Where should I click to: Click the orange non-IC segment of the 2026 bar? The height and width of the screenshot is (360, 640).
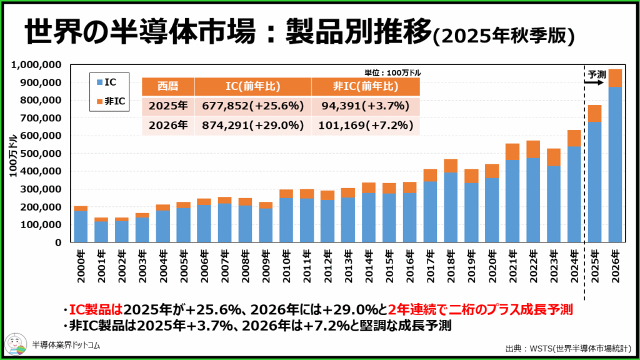615,78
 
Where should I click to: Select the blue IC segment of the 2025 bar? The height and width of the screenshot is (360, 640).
594,181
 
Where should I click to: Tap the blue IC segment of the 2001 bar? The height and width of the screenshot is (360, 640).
101,231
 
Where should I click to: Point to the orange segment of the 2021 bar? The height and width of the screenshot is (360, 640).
512,152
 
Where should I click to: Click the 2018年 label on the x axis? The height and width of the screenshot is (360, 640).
451,266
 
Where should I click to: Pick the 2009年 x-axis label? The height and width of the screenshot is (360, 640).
266,266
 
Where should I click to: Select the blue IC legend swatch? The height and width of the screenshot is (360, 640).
101,81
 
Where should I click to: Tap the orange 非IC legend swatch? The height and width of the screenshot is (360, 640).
101,102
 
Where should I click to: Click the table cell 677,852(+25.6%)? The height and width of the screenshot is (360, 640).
253,106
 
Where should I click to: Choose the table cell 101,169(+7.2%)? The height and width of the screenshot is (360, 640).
365,125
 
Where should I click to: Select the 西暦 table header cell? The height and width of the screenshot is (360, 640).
168,87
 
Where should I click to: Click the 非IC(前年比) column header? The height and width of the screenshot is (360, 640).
365,87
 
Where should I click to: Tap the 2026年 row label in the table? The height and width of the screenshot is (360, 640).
168,125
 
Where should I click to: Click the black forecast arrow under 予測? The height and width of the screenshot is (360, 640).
596,82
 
